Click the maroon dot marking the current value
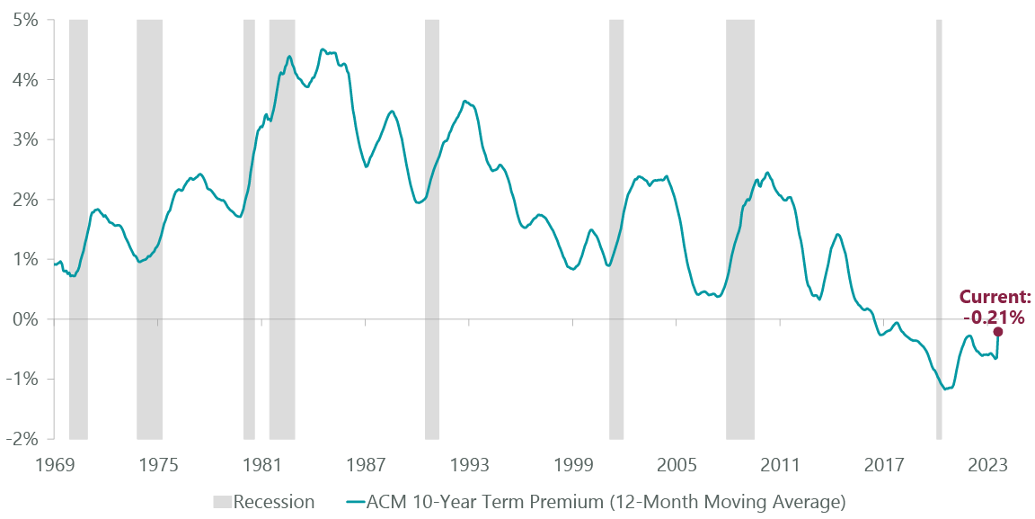(997, 331)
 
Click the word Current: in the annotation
(995, 297)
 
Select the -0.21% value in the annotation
(994, 317)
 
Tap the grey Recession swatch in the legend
(222, 502)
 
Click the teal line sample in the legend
(356, 502)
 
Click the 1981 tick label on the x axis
(261, 465)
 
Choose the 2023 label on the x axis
(987, 465)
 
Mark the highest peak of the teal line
(322, 49)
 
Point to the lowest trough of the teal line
(946, 389)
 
